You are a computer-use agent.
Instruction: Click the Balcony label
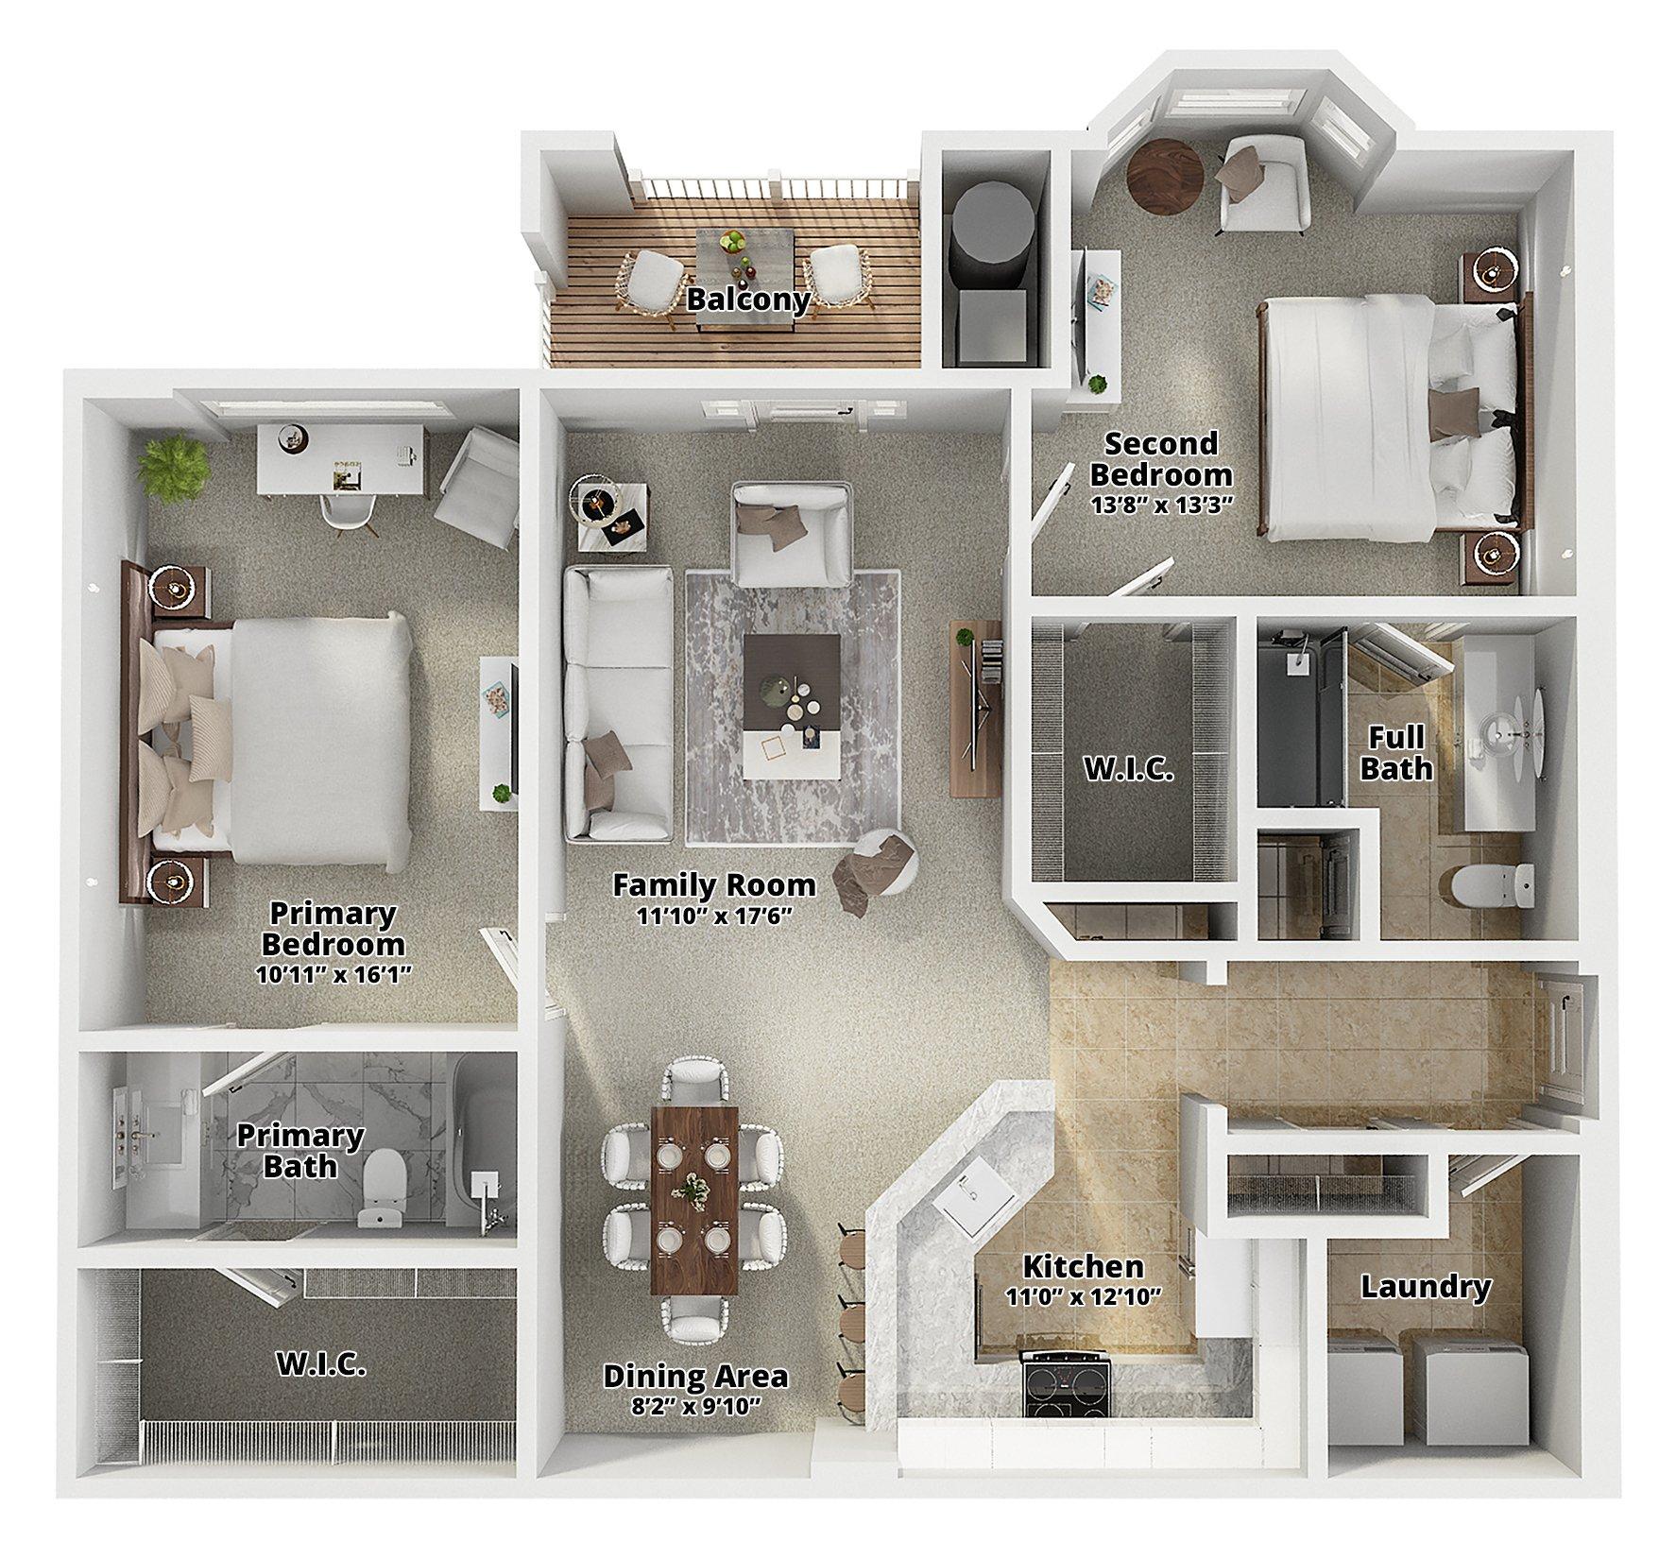pos(748,300)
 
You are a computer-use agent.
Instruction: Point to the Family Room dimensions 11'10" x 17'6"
pos(714,917)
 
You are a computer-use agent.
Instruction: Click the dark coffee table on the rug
pos(792,681)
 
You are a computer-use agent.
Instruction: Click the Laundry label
pos(1426,1286)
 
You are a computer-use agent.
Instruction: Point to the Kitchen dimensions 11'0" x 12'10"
pos(1085,1293)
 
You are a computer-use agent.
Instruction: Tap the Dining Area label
pos(695,1377)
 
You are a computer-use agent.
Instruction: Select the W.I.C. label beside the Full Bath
pos(1129,769)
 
